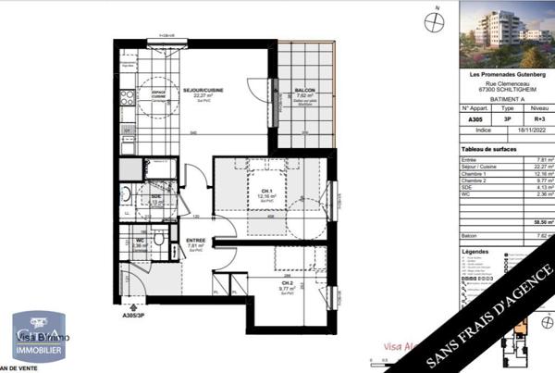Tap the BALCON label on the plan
click(305, 91)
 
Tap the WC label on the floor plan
click(139, 240)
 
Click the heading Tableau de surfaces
click(487, 148)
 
